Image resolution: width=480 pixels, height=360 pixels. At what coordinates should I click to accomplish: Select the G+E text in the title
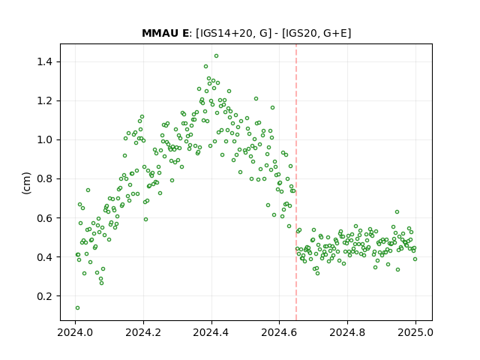335,33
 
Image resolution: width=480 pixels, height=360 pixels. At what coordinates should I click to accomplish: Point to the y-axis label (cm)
27,183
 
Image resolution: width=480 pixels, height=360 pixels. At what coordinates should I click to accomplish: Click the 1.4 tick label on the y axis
45,61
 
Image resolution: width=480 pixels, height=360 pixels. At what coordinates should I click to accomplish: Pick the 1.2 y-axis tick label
45,100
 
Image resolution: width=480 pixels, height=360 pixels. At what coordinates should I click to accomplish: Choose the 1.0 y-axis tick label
45,140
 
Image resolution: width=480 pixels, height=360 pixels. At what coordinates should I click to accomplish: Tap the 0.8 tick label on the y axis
45,178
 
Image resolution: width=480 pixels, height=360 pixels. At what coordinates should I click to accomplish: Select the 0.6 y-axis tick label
45,218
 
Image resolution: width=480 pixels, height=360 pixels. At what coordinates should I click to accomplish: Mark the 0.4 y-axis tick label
45,256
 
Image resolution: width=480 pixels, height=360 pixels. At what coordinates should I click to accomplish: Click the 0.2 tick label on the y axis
45,296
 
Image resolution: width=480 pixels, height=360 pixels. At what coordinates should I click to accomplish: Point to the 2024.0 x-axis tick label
75,332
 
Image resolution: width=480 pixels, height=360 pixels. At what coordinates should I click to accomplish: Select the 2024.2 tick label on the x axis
143,332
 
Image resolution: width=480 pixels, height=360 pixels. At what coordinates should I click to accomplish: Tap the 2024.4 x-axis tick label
211,332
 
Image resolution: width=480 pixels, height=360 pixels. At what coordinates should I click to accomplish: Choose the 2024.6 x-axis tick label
279,332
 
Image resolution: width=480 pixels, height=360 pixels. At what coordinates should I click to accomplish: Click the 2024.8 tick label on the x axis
347,332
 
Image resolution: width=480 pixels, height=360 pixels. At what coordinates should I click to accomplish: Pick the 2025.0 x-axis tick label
415,332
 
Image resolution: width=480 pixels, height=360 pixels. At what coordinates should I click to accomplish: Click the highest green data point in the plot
217,56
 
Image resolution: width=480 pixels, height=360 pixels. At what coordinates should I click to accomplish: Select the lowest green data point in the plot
77,307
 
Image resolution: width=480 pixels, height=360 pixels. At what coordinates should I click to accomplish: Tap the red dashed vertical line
296,182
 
